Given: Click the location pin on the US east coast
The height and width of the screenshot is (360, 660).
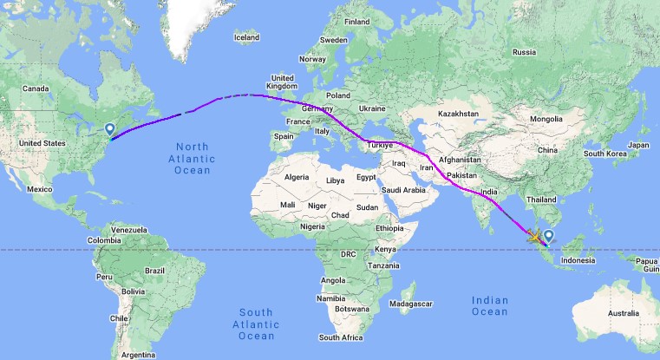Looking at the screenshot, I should point(110,130).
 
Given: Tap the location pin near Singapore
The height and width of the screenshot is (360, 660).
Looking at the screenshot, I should point(548,235).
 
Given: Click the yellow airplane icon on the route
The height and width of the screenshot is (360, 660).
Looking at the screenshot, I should point(532,234).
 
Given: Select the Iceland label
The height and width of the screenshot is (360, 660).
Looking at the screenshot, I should point(246,37).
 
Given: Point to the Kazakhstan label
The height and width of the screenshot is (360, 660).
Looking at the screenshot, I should point(458,114).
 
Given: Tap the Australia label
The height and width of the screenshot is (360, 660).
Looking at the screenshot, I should point(623,312).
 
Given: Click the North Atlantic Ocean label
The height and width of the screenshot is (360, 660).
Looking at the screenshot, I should point(193,157).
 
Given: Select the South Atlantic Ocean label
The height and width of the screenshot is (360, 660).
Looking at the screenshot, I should point(257,323).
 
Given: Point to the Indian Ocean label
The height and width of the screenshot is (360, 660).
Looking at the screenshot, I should point(490,305).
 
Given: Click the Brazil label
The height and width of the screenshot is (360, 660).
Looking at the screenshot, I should point(155,271).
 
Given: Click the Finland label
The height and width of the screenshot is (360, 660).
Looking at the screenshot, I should point(356,22).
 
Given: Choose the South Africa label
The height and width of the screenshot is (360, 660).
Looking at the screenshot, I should point(341,337).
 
